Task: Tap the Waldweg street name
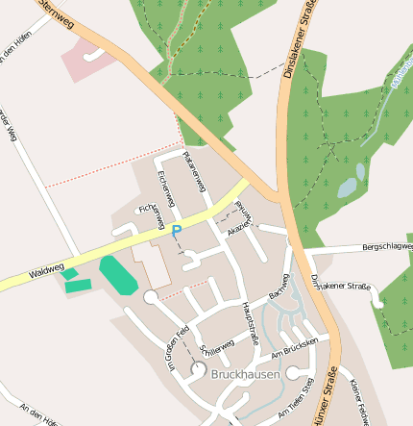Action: [46, 272]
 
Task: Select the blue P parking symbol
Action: [176, 231]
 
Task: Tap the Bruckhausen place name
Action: [246, 374]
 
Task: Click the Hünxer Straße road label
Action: [324, 395]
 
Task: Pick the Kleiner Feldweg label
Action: [360, 401]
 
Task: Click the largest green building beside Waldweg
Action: [118, 276]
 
